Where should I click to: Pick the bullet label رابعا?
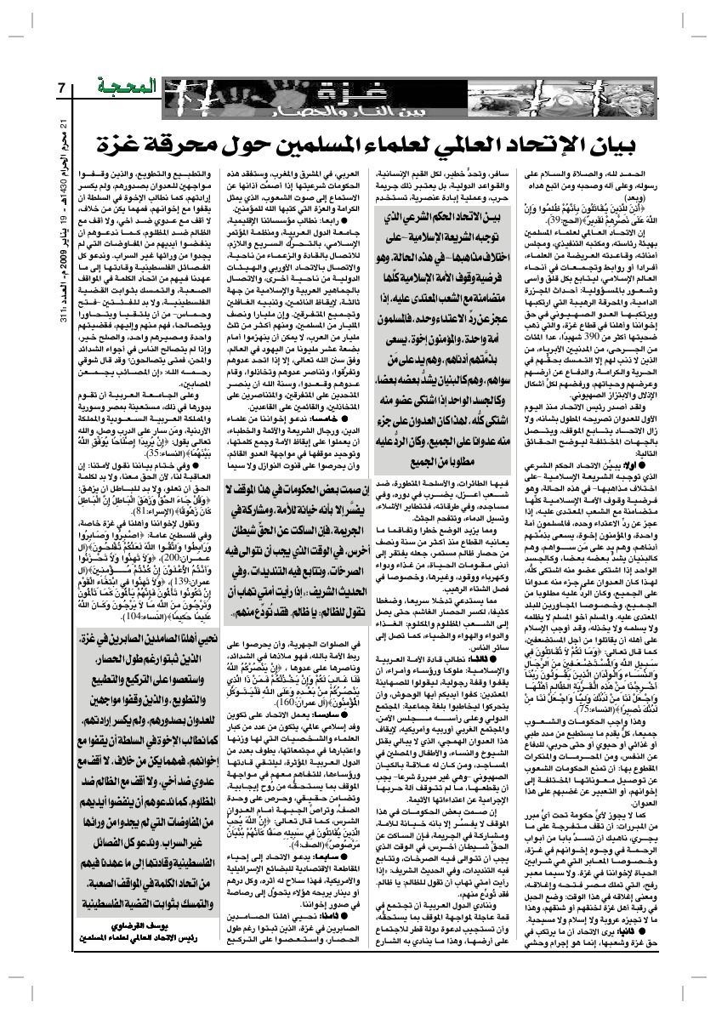(335, 222)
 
